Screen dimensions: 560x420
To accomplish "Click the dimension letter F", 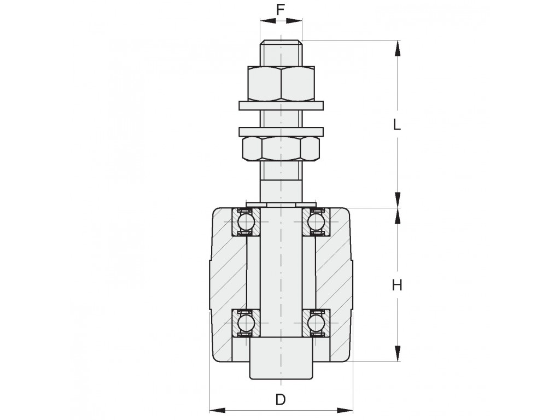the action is coord(281,10).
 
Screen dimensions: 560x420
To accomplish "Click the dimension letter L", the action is coord(397,125).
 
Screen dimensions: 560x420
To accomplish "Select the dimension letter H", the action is coord(397,285).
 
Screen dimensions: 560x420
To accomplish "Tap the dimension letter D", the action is coord(281,399).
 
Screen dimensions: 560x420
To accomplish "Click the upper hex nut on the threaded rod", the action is coord(281,83).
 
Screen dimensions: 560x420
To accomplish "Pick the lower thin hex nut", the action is coord(281,148).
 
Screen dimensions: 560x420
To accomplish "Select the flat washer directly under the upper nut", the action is coord(281,106).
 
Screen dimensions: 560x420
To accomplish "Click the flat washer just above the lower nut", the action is coord(281,131).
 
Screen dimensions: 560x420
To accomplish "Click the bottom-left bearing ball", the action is coord(246,323).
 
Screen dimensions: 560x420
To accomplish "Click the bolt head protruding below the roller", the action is coord(281,358).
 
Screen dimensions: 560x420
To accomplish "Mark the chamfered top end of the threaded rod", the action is coord(281,43).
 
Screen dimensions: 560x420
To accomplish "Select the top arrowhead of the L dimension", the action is coord(397,48).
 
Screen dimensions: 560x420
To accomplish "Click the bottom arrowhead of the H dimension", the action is coord(397,353).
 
